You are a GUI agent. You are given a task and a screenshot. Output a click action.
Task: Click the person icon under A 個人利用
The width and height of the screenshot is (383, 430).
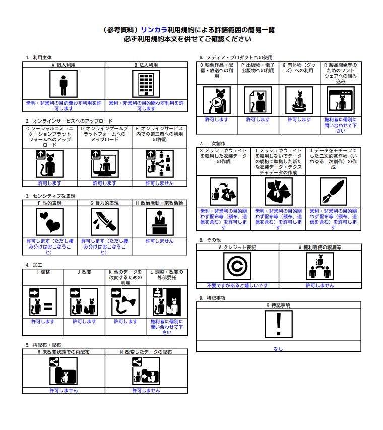click(63, 84)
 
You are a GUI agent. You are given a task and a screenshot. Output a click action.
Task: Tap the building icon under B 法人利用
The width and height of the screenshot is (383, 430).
click(146, 84)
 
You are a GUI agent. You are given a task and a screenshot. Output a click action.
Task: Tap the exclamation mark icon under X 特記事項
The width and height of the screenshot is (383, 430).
click(278, 324)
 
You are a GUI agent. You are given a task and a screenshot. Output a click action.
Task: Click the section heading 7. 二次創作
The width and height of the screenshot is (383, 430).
click(212, 143)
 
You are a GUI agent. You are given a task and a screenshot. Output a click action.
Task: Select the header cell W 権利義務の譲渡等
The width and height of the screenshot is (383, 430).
click(320, 248)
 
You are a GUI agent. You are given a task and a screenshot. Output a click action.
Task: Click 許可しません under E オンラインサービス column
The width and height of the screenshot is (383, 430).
click(159, 183)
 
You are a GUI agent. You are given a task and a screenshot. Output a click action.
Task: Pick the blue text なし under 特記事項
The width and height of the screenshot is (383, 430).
click(278, 349)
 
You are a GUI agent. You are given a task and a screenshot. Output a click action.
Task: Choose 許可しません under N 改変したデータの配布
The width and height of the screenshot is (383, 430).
click(146, 390)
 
